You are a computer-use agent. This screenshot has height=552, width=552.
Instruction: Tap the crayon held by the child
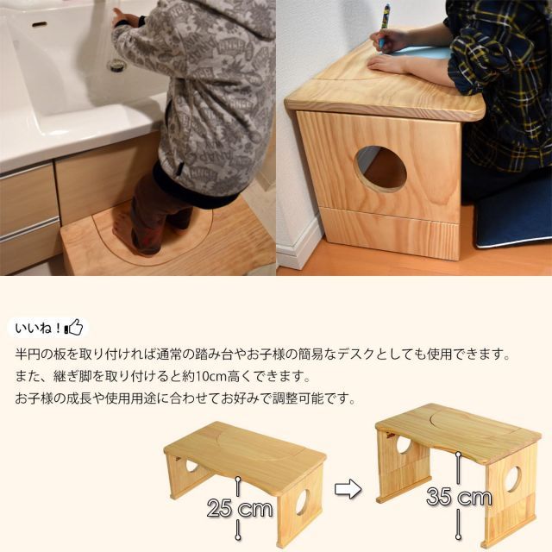(x=385, y=19)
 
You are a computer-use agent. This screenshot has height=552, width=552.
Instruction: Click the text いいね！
(x=40, y=329)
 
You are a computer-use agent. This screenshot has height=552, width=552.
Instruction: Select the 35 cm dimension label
(x=459, y=498)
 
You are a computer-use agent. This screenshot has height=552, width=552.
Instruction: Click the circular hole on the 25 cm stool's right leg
(x=304, y=502)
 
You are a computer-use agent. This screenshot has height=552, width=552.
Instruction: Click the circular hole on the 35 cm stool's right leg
(x=514, y=478)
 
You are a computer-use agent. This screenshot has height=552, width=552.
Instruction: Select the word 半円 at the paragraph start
(x=28, y=355)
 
